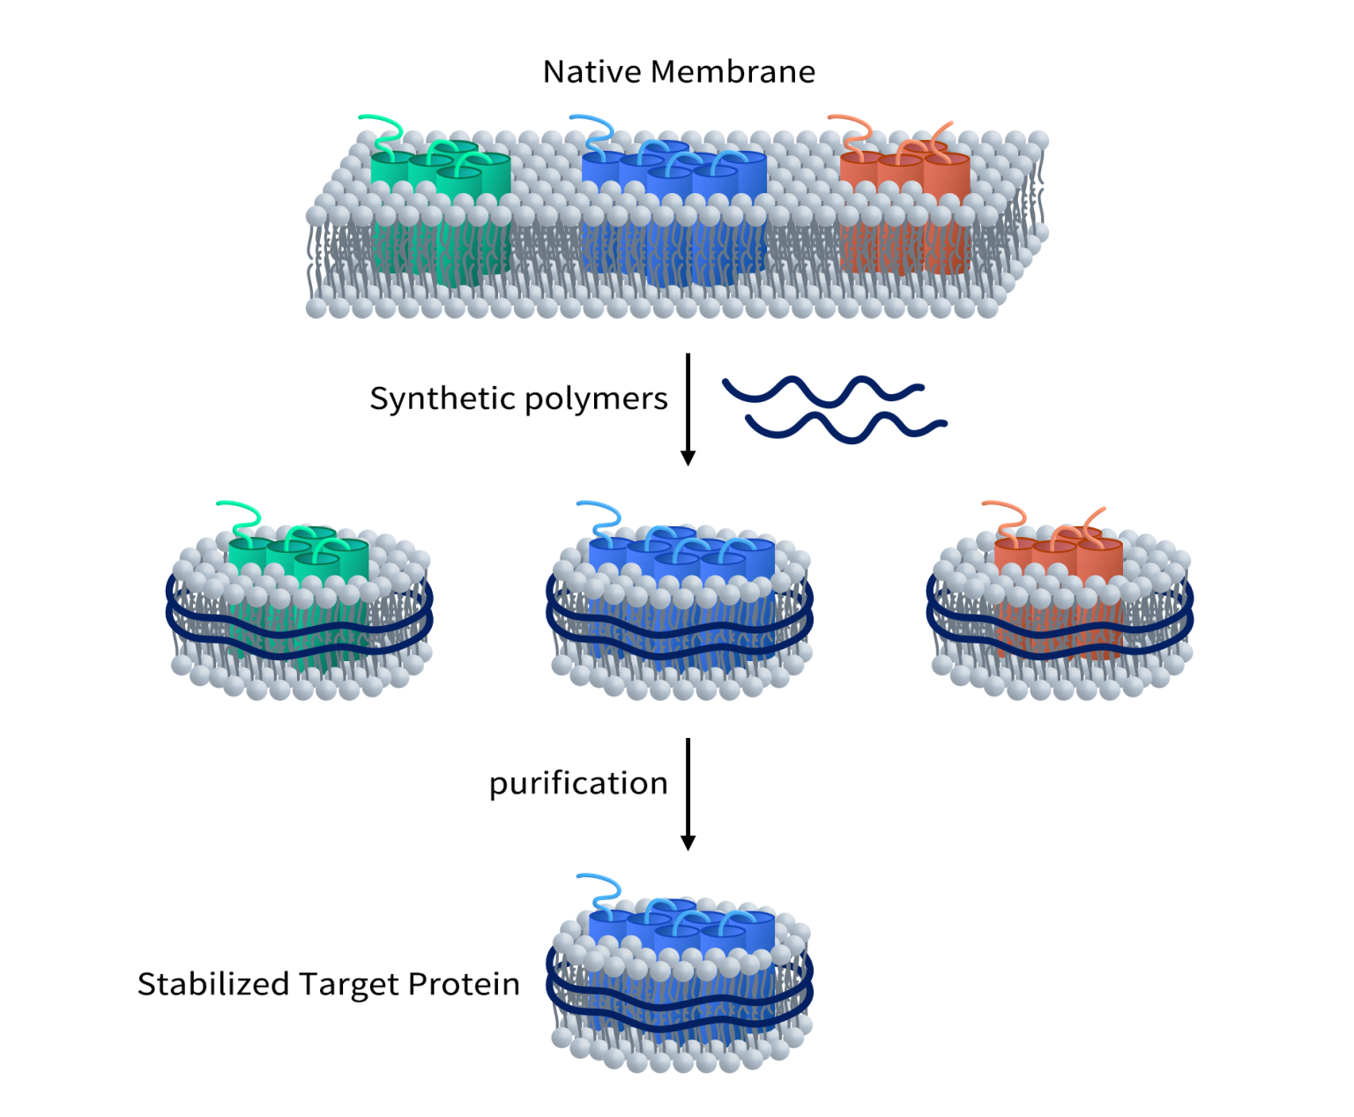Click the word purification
(578, 783)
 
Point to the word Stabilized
(213, 984)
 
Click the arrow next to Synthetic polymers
(688, 409)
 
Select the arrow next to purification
(688, 793)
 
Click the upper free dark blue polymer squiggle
(822, 390)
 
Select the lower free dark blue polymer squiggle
(846, 426)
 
